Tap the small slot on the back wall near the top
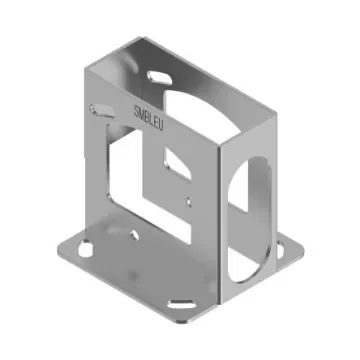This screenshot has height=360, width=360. point(159,76)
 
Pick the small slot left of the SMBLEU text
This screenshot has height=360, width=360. point(100,108)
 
